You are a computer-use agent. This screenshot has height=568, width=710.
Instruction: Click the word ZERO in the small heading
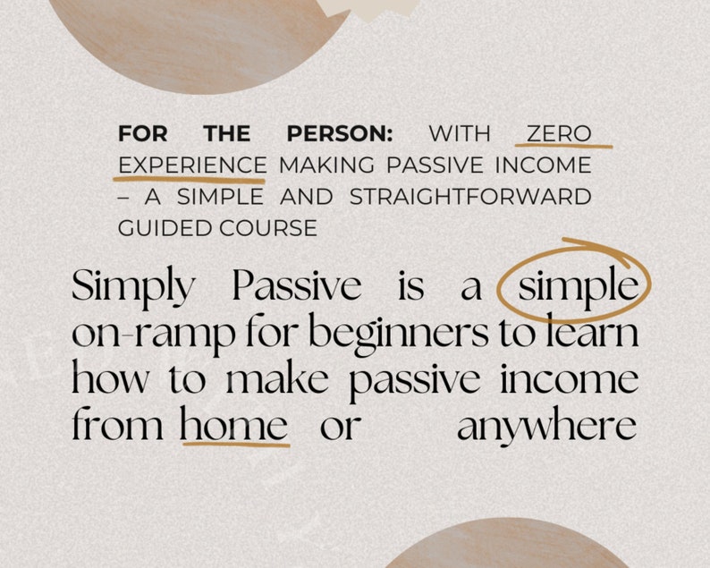[558, 134]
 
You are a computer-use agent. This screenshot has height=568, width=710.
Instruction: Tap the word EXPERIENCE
[192, 165]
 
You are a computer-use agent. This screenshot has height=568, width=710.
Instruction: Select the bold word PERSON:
[340, 134]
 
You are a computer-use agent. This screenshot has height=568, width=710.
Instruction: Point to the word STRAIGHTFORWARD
[470, 197]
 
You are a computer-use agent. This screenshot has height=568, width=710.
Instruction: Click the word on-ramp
[153, 334]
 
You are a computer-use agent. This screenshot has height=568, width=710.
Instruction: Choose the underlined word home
[233, 425]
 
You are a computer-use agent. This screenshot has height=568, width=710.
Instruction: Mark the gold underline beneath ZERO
[564, 146]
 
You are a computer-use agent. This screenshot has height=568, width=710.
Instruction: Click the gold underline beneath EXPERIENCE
[190, 179]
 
